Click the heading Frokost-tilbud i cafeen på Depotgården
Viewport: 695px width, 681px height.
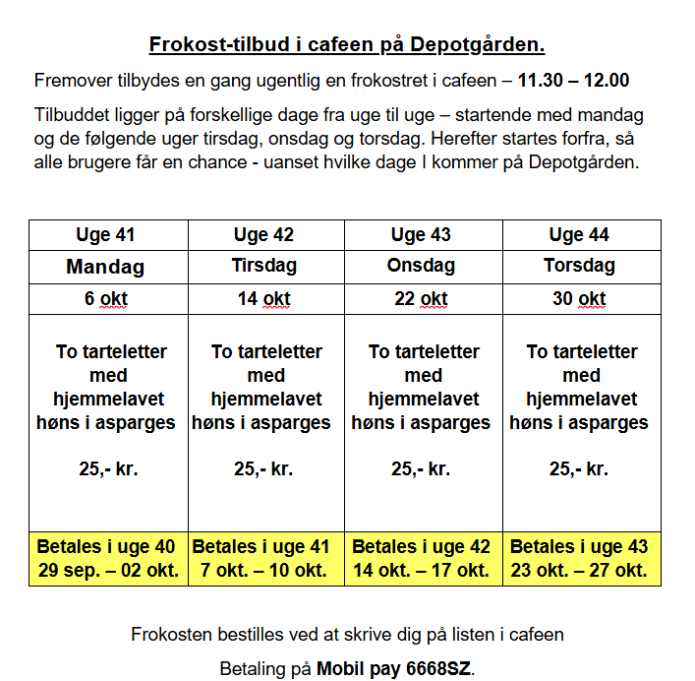click(347, 44)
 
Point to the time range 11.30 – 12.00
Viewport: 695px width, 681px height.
click(573, 80)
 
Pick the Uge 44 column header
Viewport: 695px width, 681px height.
click(579, 235)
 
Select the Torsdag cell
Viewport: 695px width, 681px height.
click(579, 267)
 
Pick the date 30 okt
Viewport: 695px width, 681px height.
click(579, 299)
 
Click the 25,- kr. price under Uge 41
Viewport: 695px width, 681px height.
click(108, 469)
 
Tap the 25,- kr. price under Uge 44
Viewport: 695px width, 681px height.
click(579, 469)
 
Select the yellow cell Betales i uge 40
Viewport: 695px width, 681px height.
click(108, 558)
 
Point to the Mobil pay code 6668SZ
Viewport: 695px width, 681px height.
click(432, 669)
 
